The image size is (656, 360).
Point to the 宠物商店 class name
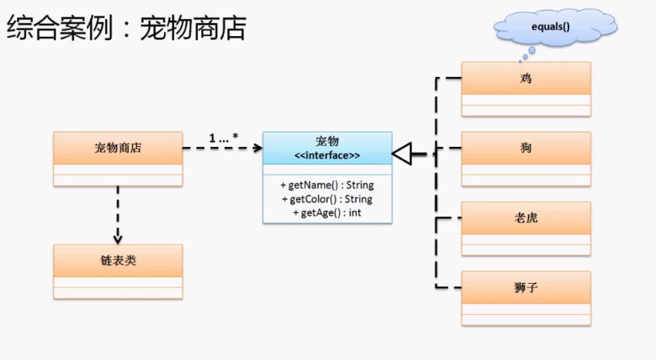click(117, 148)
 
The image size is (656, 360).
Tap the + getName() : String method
click(326, 185)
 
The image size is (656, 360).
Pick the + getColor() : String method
click(326, 199)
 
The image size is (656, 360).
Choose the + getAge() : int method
click(326, 213)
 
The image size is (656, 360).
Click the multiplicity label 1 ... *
click(222, 139)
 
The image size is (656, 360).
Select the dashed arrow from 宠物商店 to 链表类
click(118, 213)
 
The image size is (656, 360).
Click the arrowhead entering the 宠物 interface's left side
click(257, 148)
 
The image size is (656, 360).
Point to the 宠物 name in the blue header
click(327, 142)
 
